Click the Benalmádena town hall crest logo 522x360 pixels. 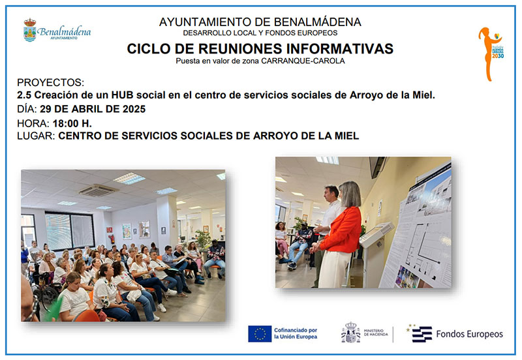(29, 30)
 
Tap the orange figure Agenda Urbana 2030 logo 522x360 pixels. (489, 54)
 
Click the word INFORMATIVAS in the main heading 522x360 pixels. (339, 48)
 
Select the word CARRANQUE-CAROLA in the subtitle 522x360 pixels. (303, 61)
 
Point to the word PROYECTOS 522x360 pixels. (50, 82)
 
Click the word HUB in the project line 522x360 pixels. (122, 95)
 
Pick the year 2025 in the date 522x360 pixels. (134, 109)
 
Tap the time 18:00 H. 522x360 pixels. (72, 123)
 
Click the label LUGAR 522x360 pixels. (35, 136)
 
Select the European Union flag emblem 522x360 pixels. (260, 334)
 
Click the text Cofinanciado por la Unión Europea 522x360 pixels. (296, 333)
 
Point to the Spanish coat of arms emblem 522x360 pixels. (350, 333)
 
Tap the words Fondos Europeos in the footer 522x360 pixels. (469, 334)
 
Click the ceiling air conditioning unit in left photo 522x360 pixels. (97, 190)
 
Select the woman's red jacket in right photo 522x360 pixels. (340, 230)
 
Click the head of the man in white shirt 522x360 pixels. (331, 193)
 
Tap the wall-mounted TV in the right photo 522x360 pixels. (377, 166)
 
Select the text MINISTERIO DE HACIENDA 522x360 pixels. (376, 333)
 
